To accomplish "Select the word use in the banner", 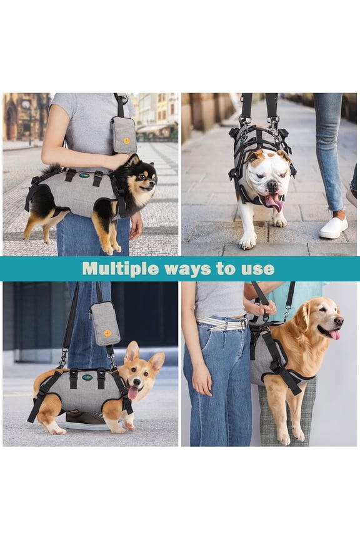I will pyautogui.click(x=259, y=269).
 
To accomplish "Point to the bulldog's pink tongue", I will pyautogui.click(x=274, y=201).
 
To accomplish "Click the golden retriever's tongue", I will pyautogui.click(x=334, y=334).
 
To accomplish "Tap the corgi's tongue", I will pyautogui.click(x=132, y=393).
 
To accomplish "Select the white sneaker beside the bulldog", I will pyautogui.click(x=333, y=227).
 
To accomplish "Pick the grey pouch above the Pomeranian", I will pyautogui.click(x=124, y=134).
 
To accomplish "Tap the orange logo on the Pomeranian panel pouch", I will pyautogui.click(x=127, y=141).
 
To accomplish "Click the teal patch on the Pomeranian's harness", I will pyautogui.click(x=84, y=176).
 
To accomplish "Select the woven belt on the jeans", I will pyautogui.click(x=222, y=324).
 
